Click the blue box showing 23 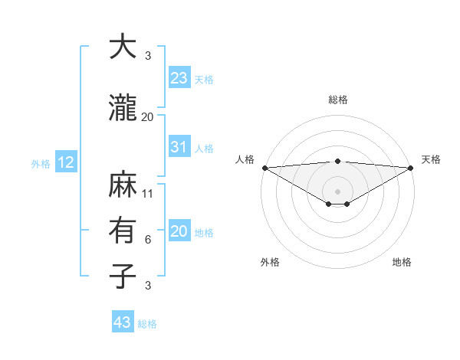(x=179, y=78)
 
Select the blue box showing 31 (x=179, y=147)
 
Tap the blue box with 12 (x=65, y=162)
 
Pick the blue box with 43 (x=123, y=322)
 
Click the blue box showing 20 (x=179, y=231)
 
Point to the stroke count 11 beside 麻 (x=148, y=194)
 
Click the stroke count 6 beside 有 (x=148, y=240)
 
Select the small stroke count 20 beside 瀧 (x=148, y=117)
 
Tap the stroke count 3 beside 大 (x=148, y=56)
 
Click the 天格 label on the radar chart (x=431, y=159)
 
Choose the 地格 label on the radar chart (x=402, y=262)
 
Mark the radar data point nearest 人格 (x=264, y=168)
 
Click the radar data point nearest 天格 (x=411, y=168)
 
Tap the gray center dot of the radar (x=337, y=190)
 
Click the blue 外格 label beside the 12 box (x=40, y=163)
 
